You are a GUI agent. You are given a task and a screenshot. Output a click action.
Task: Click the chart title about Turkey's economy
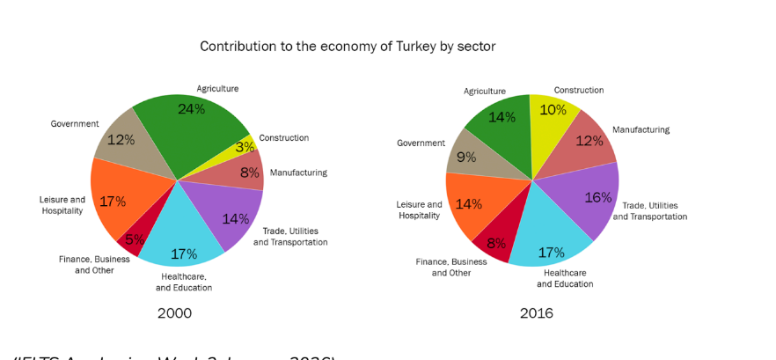click(348, 47)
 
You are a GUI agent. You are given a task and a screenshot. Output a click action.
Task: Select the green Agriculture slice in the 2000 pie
click(198, 132)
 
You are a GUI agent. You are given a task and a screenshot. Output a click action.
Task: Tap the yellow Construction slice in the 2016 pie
click(553, 123)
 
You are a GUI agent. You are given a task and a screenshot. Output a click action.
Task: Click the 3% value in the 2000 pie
click(245, 147)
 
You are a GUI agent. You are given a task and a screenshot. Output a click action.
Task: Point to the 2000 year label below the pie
click(174, 313)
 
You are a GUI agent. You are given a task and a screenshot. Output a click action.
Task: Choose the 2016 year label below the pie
click(536, 313)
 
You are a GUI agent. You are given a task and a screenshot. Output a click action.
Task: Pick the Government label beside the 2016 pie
click(421, 143)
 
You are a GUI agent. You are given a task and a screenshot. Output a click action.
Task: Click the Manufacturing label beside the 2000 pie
click(298, 173)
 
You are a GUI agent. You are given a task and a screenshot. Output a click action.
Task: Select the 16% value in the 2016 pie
click(597, 197)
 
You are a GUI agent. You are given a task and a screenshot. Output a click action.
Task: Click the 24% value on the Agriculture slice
click(191, 109)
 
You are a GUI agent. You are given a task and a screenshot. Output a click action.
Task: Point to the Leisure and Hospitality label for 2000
click(62, 205)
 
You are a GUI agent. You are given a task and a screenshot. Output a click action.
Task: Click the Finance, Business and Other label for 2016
click(451, 268)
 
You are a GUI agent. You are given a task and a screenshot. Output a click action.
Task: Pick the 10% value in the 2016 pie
click(553, 110)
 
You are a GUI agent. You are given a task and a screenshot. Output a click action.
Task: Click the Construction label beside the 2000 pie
click(283, 138)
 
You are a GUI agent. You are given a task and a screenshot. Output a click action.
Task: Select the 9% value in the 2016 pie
click(465, 158)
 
